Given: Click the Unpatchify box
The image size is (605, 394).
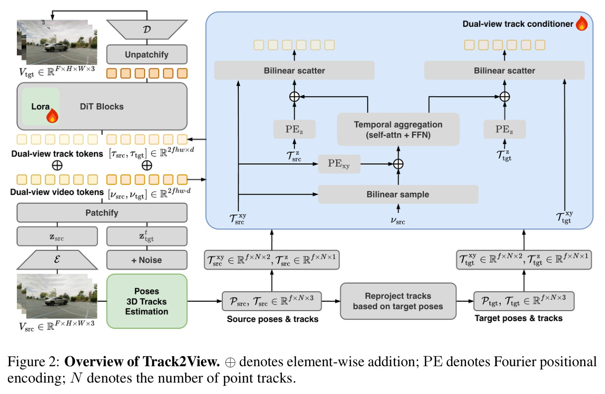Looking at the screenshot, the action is click(146, 55).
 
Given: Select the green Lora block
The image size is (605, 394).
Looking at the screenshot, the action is click(41, 106).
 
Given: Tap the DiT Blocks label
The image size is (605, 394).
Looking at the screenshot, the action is click(102, 107).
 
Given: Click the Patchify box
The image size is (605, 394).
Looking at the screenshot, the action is click(102, 213).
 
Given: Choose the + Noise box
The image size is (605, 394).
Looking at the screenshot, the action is click(146, 260).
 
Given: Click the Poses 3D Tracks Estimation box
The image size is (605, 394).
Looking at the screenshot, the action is click(146, 301).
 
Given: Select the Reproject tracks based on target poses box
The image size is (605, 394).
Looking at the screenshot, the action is click(398, 301).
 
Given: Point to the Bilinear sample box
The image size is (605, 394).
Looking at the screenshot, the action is click(398, 195).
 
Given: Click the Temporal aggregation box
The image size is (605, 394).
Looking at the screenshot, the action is click(398, 130).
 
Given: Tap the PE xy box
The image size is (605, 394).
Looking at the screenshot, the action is click(339, 164).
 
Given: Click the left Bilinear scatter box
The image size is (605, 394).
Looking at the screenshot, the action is click(294, 70).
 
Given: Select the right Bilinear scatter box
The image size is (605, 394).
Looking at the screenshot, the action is click(505, 70).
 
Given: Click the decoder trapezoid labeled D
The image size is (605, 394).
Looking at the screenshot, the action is click(146, 29).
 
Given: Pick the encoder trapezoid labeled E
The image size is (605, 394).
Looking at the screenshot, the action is click(57, 260).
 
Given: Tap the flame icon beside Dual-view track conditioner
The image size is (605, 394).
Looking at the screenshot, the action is click(582, 23).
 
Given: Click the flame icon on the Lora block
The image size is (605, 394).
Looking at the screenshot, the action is click(52, 116).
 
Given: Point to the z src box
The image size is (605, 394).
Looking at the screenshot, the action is click(57, 237).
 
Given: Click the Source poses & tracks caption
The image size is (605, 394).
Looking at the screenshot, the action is click(272, 319).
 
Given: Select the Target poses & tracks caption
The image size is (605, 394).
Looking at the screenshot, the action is click(519, 319).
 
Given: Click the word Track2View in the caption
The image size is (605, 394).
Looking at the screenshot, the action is click(181, 362).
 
